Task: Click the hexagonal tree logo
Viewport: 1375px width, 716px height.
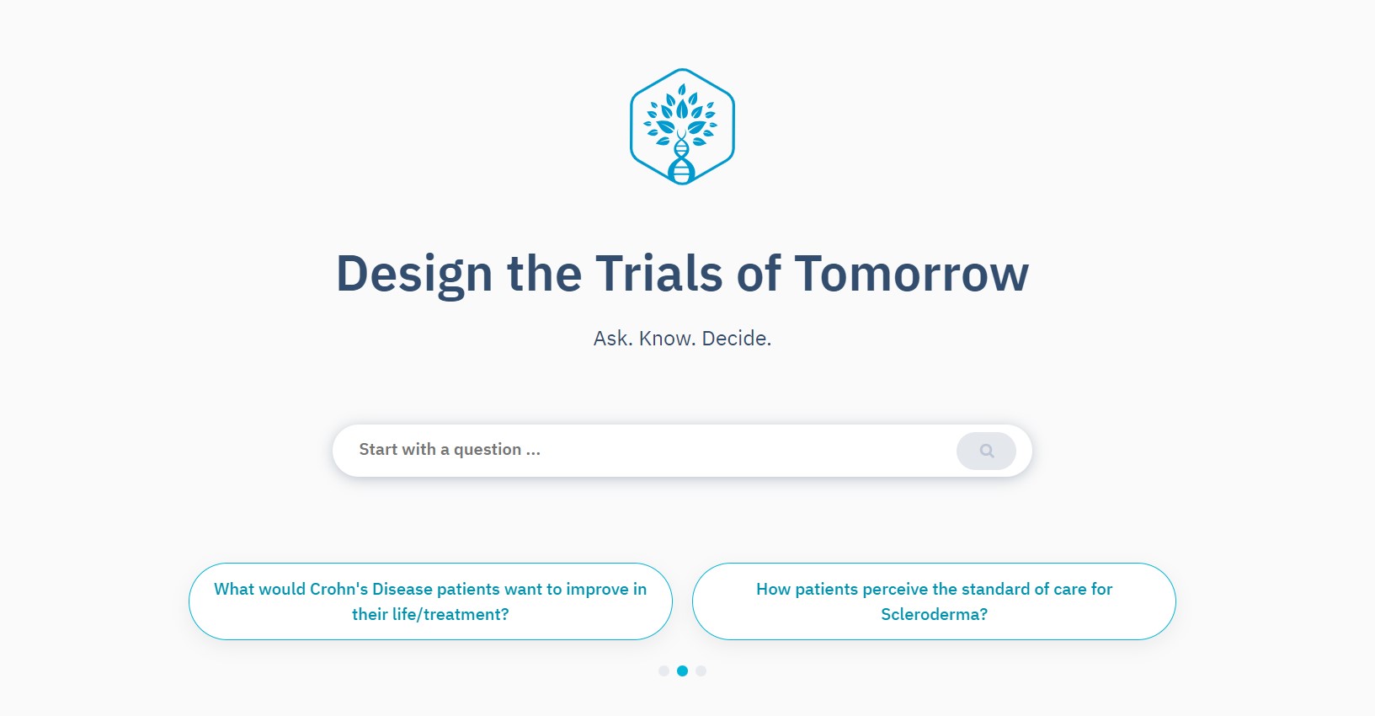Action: (x=682, y=126)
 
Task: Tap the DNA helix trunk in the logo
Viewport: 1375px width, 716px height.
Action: (x=682, y=160)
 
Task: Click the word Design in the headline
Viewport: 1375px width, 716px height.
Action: (x=413, y=275)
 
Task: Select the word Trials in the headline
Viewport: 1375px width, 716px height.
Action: (x=658, y=275)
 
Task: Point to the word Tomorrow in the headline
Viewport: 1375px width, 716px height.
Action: (x=911, y=275)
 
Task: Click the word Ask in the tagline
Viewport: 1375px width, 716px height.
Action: (x=612, y=339)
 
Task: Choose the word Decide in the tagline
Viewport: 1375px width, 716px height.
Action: (x=736, y=339)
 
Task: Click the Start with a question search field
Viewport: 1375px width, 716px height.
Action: (x=640, y=450)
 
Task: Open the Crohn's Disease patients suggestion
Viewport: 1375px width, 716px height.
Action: (x=430, y=601)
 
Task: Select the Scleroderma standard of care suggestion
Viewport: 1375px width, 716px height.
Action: (x=934, y=601)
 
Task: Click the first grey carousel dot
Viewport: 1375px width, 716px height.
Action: (x=664, y=671)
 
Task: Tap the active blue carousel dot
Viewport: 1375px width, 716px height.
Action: (x=682, y=671)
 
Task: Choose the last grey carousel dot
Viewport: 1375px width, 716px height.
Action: (x=701, y=671)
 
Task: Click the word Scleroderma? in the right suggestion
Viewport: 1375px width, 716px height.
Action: (x=934, y=615)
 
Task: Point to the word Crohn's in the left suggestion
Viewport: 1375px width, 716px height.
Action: (x=338, y=589)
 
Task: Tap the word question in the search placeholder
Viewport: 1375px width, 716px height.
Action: (x=487, y=450)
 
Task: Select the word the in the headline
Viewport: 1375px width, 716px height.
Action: (x=544, y=275)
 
